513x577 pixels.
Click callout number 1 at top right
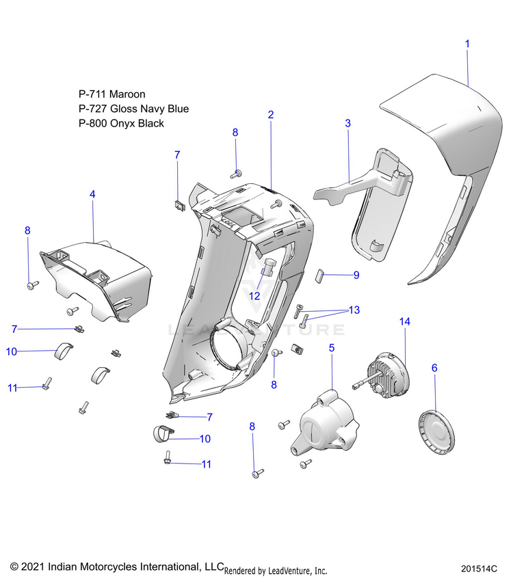[468, 43]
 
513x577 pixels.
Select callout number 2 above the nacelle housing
[271, 115]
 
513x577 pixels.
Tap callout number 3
[347, 124]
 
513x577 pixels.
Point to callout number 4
[92, 195]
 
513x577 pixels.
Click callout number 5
[332, 348]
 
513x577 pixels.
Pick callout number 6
[434, 368]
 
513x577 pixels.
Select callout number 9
[356, 276]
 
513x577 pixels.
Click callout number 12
[254, 296]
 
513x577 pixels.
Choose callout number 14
[405, 321]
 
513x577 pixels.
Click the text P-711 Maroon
[112, 94]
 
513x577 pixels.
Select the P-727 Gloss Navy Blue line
[133, 109]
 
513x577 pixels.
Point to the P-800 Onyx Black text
[121, 124]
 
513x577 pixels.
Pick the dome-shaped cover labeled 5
[322, 423]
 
